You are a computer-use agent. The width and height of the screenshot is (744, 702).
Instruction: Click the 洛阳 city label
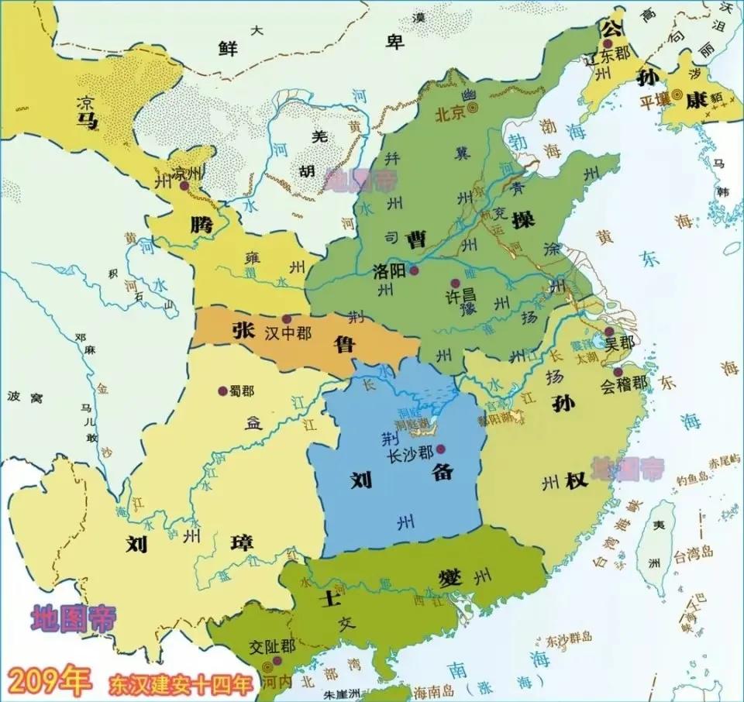[x=390, y=271]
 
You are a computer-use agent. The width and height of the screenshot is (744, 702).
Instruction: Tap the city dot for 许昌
[x=455, y=283]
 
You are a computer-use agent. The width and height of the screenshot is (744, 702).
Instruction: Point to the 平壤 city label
[x=653, y=100]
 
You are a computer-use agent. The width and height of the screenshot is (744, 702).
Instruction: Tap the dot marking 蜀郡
[x=223, y=391]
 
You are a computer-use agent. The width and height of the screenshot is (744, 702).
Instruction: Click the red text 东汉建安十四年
[x=181, y=684]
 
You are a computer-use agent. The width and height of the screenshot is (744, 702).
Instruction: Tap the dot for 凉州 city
[x=184, y=187]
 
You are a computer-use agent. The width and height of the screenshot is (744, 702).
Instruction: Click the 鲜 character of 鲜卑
[x=227, y=49]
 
